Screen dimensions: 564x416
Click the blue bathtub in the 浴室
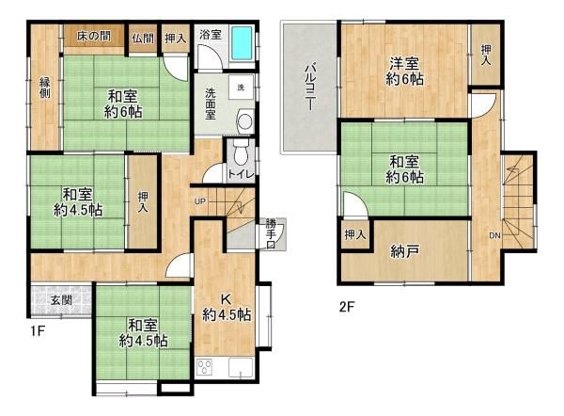[242, 43]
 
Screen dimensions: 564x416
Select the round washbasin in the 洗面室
[246, 121]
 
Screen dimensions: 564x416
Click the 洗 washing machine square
[242, 88]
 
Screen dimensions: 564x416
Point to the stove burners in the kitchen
[205, 368]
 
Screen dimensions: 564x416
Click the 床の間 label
[93, 36]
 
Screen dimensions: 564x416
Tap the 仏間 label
[143, 39]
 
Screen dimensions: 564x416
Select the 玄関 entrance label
[61, 300]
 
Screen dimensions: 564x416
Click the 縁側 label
[45, 88]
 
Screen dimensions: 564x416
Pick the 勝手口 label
[271, 234]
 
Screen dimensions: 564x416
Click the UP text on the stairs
[200, 201]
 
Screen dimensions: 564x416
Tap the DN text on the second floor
[495, 235]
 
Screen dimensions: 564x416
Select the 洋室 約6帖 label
[404, 72]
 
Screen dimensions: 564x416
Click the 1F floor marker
[38, 331]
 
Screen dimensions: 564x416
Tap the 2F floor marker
[347, 307]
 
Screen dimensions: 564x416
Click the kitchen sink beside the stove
[241, 368]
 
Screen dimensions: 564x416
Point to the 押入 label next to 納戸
[355, 235]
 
